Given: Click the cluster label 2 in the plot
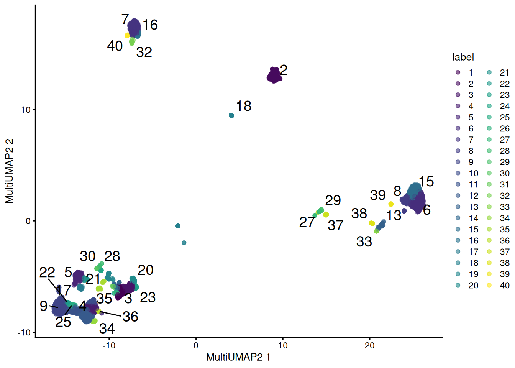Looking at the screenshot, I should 284,70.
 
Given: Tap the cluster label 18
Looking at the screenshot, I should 244,106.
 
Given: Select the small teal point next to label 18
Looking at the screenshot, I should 231,115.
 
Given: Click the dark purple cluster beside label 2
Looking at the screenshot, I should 274,76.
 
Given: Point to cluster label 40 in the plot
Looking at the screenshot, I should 115,46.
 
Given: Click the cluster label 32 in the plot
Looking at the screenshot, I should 144,52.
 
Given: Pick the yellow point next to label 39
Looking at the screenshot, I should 391,204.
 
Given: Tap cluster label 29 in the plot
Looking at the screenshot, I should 333,200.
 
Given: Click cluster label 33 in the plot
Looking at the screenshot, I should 364,242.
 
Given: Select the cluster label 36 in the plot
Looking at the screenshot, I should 130,317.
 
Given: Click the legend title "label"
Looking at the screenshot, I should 463,57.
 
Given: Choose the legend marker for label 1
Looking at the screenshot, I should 458,72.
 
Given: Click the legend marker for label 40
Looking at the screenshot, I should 489,285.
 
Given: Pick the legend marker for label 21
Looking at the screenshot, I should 489,72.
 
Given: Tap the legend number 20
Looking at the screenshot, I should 473,285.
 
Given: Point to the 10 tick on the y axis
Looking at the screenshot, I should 25,110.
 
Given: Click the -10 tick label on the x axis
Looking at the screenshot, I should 108,345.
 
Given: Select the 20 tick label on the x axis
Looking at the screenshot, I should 369,345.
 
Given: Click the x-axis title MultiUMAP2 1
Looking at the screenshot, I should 238,357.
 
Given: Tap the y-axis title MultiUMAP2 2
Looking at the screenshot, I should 9,171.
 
